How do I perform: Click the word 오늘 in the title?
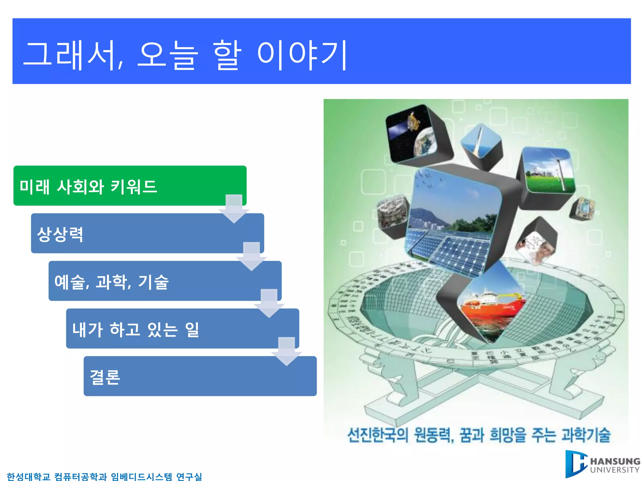(168, 55)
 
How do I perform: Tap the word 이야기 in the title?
(302, 55)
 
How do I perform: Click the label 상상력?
(60, 234)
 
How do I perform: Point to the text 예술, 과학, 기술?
(111, 282)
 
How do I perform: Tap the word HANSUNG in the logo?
(615, 461)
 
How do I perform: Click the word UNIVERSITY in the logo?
(615, 470)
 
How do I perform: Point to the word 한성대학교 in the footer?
(28, 477)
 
